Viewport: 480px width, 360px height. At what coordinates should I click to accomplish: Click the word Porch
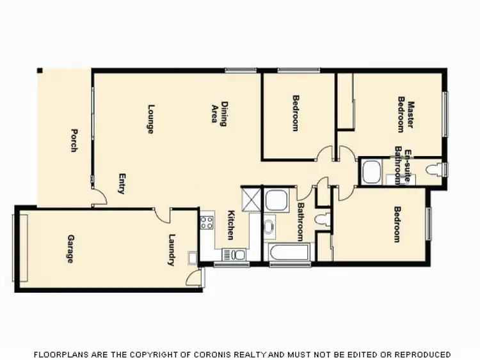pos(74,141)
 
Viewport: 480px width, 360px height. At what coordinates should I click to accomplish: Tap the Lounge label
pos(151,119)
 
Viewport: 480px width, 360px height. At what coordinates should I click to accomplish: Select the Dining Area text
pos(220,114)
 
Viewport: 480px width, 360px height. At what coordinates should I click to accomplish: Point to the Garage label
pos(70,249)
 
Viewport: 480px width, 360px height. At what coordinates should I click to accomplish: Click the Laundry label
pos(172,250)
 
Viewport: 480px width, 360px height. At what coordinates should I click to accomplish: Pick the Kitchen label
pos(231,226)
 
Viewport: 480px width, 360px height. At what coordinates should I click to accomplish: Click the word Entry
pos(121,184)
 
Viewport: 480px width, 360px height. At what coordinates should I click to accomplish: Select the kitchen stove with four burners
pos(207,223)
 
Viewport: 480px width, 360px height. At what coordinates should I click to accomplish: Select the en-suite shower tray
pos(371,171)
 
